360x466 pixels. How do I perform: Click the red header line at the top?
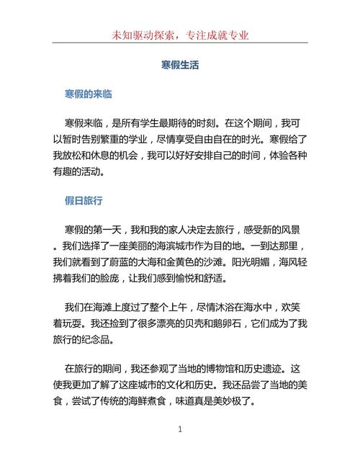(x=180, y=35)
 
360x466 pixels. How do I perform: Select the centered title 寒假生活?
(x=180, y=64)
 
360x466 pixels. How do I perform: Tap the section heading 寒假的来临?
(x=87, y=94)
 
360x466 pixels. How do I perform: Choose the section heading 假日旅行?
(x=84, y=199)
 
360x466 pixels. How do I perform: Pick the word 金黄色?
(x=225, y=262)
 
